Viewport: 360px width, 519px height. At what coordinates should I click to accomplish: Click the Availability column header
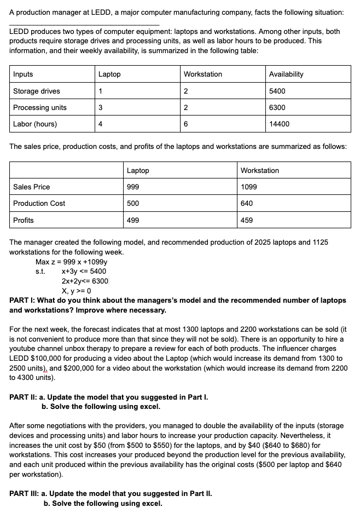click(x=286, y=74)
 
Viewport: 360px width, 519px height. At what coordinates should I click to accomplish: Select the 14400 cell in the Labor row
click(x=280, y=124)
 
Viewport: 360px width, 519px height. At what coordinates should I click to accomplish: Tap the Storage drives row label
click(x=37, y=91)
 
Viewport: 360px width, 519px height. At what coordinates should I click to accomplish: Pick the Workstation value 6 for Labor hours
click(x=187, y=124)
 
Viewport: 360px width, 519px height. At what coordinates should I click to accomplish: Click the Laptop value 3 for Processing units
click(x=100, y=107)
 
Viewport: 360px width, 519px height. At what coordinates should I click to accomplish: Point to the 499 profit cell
click(x=133, y=220)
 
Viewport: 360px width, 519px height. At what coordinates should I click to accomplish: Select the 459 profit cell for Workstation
click(x=247, y=220)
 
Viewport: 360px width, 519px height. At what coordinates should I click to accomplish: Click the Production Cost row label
click(x=39, y=203)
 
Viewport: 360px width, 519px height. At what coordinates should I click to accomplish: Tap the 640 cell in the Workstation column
click(x=247, y=203)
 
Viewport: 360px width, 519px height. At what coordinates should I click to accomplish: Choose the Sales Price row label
click(x=31, y=187)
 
